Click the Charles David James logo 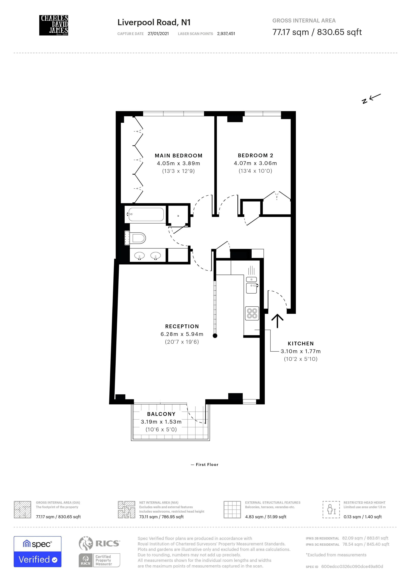coord(54,25)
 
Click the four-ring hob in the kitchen coord(252,313)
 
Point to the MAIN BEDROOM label coord(178,156)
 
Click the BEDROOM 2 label coord(255,155)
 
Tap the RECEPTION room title coord(182,327)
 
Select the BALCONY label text coord(161,414)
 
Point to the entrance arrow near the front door coord(277,321)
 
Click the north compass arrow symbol coord(371,98)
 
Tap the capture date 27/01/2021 coord(158,34)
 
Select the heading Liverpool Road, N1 coord(154,22)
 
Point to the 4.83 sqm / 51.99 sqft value coord(266,517)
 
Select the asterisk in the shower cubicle coord(178,216)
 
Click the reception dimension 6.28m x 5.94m coord(182,334)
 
